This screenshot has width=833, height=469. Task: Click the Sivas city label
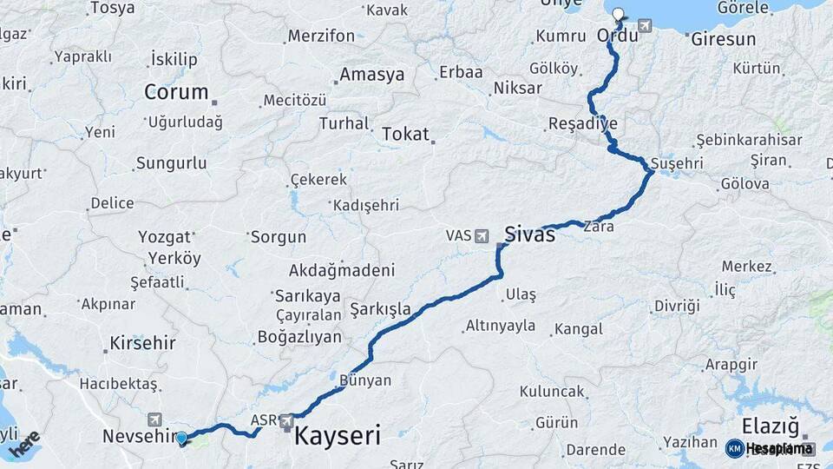529,234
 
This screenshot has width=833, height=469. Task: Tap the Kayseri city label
338,434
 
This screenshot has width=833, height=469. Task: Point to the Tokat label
405,134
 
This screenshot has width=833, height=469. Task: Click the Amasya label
372,75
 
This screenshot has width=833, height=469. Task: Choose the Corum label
176,92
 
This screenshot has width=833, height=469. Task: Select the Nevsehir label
134,435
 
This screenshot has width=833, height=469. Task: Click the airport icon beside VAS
482,235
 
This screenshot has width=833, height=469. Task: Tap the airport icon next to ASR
286,421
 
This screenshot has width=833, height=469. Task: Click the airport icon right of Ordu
645,25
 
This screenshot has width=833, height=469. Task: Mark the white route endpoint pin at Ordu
618,14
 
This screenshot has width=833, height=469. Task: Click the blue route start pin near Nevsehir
181,439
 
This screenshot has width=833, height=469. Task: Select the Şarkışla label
380,309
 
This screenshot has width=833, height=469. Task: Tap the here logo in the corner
24,443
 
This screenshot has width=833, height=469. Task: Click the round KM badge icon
735,448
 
